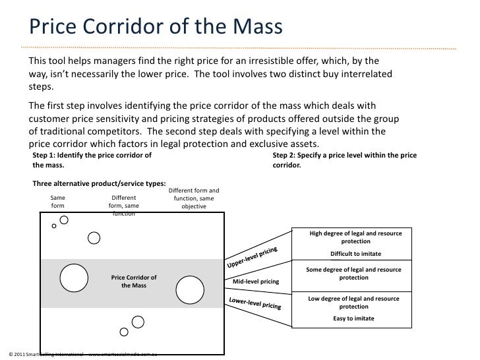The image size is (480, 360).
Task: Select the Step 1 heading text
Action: (x=92, y=160)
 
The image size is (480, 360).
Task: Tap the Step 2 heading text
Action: (x=349, y=160)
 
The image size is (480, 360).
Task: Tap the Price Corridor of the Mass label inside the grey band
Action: (x=134, y=281)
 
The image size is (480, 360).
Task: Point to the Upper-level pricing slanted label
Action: (x=257, y=256)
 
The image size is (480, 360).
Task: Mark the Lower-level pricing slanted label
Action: (x=255, y=303)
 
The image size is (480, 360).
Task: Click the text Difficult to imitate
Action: (x=355, y=254)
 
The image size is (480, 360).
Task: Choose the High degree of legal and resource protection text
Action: (x=355, y=237)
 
